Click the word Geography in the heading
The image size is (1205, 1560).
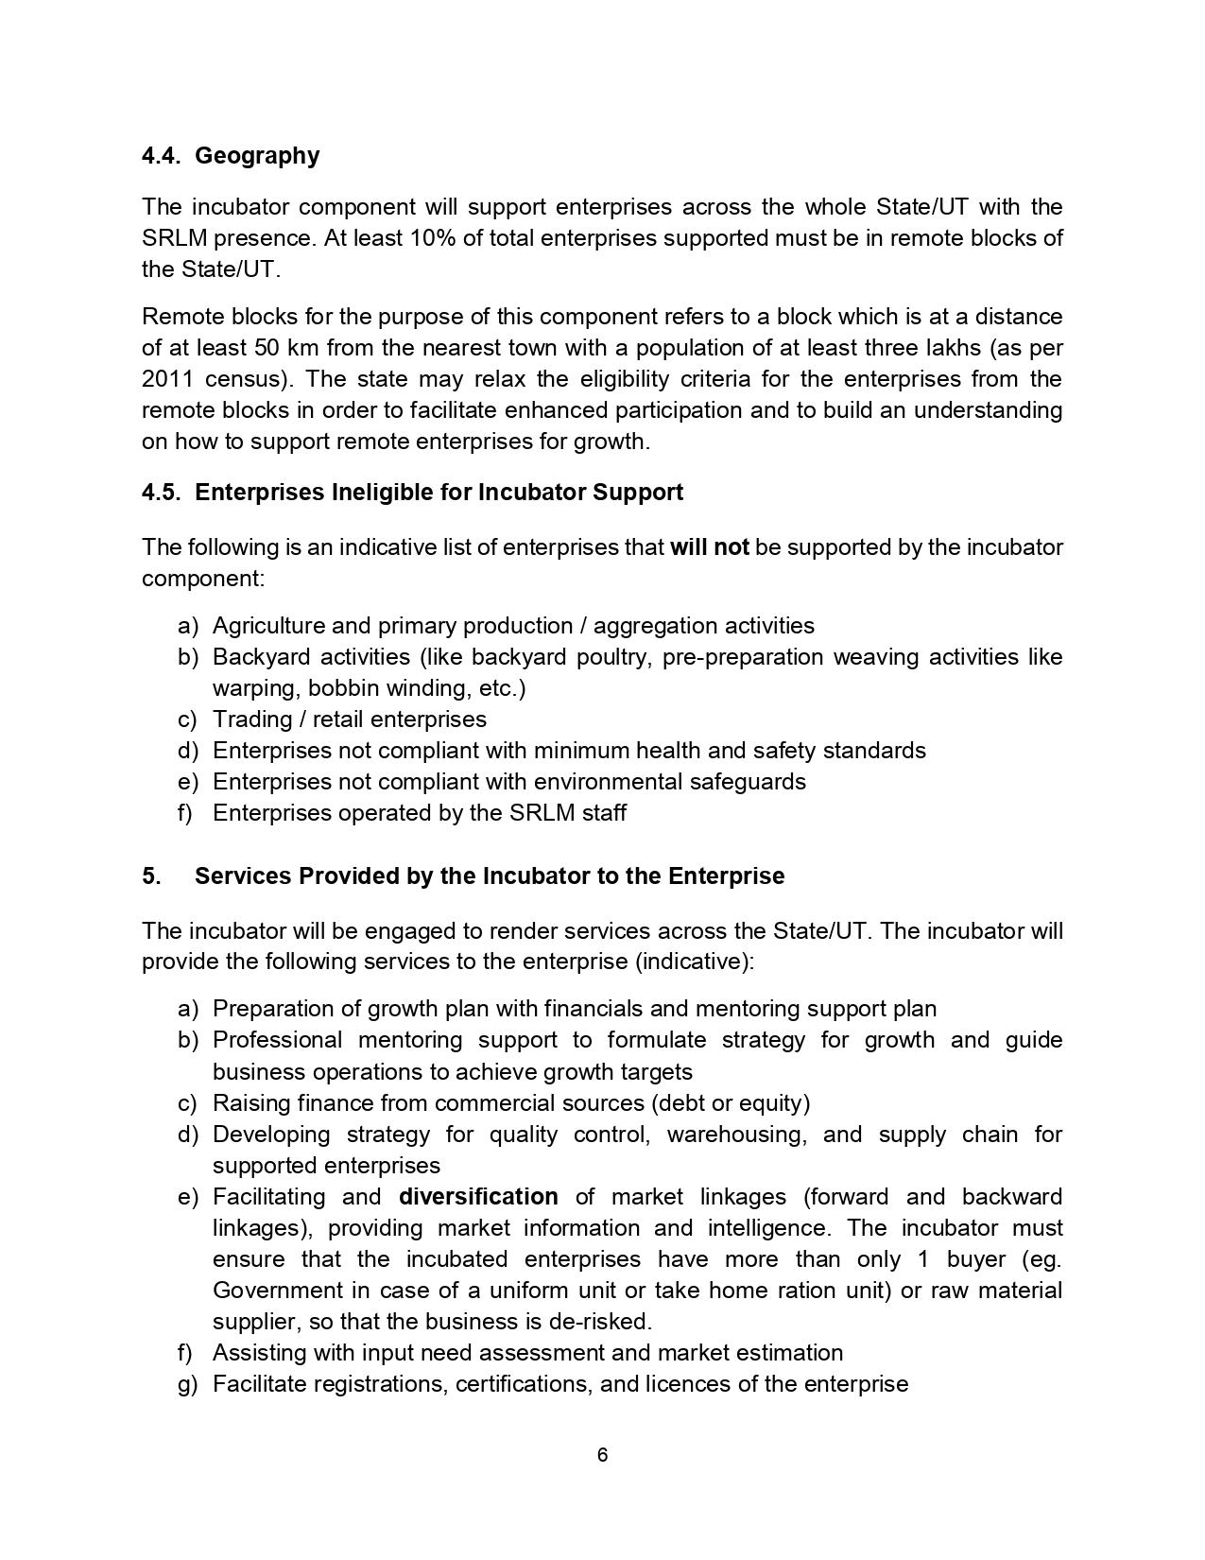(257, 156)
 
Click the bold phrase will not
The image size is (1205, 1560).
(709, 547)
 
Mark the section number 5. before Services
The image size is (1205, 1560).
(150, 876)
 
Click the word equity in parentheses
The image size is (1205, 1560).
(774, 1103)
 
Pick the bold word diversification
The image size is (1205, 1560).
(478, 1197)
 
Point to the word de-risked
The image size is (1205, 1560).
(602, 1322)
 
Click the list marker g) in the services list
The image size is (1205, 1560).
(187, 1384)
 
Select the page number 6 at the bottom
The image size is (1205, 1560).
(602, 1455)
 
